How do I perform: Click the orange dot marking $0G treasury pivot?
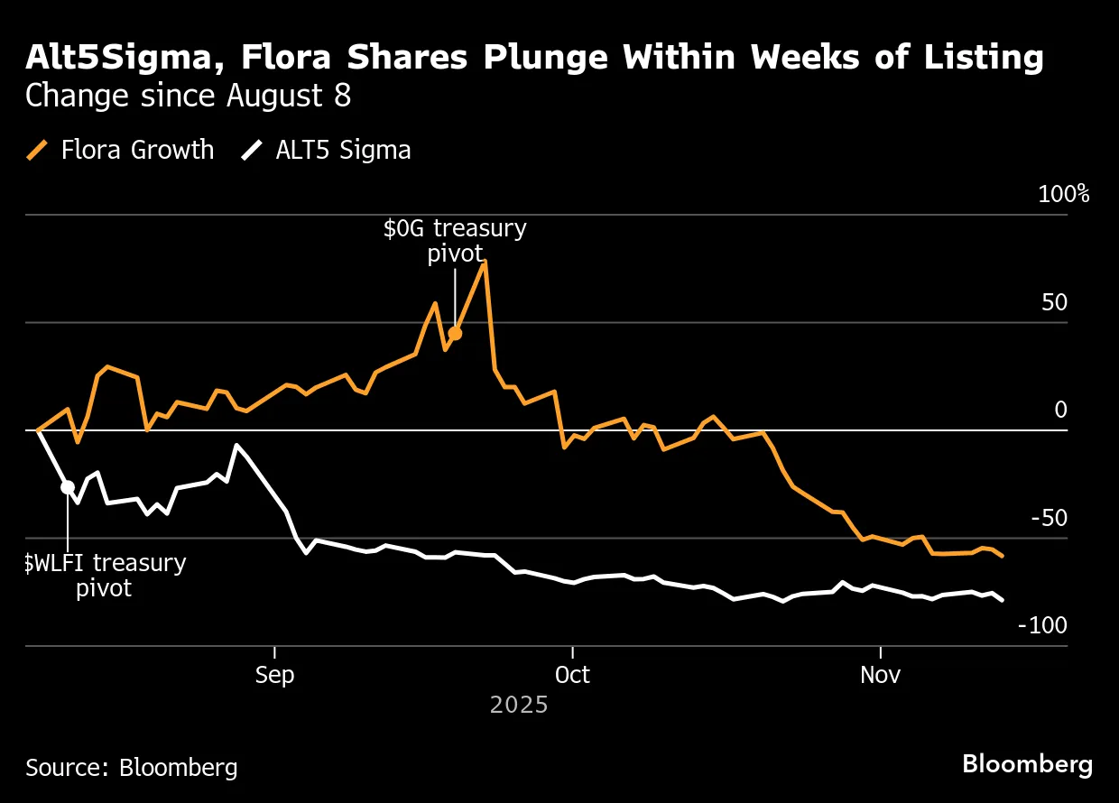click(x=455, y=334)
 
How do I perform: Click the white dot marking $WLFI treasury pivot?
click(x=68, y=487)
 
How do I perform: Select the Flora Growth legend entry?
click(x=121, y=149)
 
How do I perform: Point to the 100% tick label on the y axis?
click(x=1066, y=195)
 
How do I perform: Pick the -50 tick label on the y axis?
click(x=1049, y=519)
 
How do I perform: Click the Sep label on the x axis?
click(x=274, y=676)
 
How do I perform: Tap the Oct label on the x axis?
click(x=572, y=676)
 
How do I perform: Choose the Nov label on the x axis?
click(x=880, y=676)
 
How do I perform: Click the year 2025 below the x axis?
click(x=519, y=705)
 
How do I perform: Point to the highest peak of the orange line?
click(x=486, y=262)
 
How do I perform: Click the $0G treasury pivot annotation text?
click(x=455, y=241)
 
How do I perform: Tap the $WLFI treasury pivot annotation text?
click(x=104, y=576)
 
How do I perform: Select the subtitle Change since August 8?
click(x=188, y=96)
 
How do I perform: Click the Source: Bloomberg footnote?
click(x=132, y=767)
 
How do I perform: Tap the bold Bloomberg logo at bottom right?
click(x=1027, y=764)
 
